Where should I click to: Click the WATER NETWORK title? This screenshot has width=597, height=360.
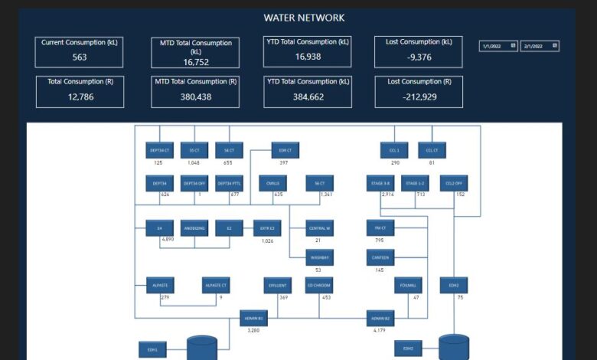click(x=304, y=18)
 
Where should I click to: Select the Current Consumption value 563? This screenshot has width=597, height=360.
click(x=80, y=57)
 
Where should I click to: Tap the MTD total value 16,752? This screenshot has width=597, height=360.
click(x=197, y=63)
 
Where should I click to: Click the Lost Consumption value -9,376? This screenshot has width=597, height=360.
click(x=419, y=57)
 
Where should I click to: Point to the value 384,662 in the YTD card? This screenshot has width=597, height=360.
click(x=308, y=97)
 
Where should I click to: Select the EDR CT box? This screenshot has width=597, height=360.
click(x=284, y=151)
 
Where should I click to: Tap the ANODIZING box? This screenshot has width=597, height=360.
click(x=195, y=228)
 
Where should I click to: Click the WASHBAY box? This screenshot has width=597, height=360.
click(x=318, y=257)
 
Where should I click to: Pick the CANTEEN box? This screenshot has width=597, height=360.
click(x=380, y=257)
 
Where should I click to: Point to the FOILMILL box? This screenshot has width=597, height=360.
click(x=406, y=286)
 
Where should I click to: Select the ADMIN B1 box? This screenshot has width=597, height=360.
click(x=253, y=318)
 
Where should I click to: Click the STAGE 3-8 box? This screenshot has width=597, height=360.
click(x=380, y=184)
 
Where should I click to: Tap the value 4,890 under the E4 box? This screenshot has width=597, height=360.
click(x=168, y=240)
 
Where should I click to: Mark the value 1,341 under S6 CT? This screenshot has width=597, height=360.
click(x=326, y=195)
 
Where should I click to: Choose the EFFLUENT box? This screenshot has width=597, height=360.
click(x=277, y=286)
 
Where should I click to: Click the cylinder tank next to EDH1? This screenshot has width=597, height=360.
click(x=202, y=349)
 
